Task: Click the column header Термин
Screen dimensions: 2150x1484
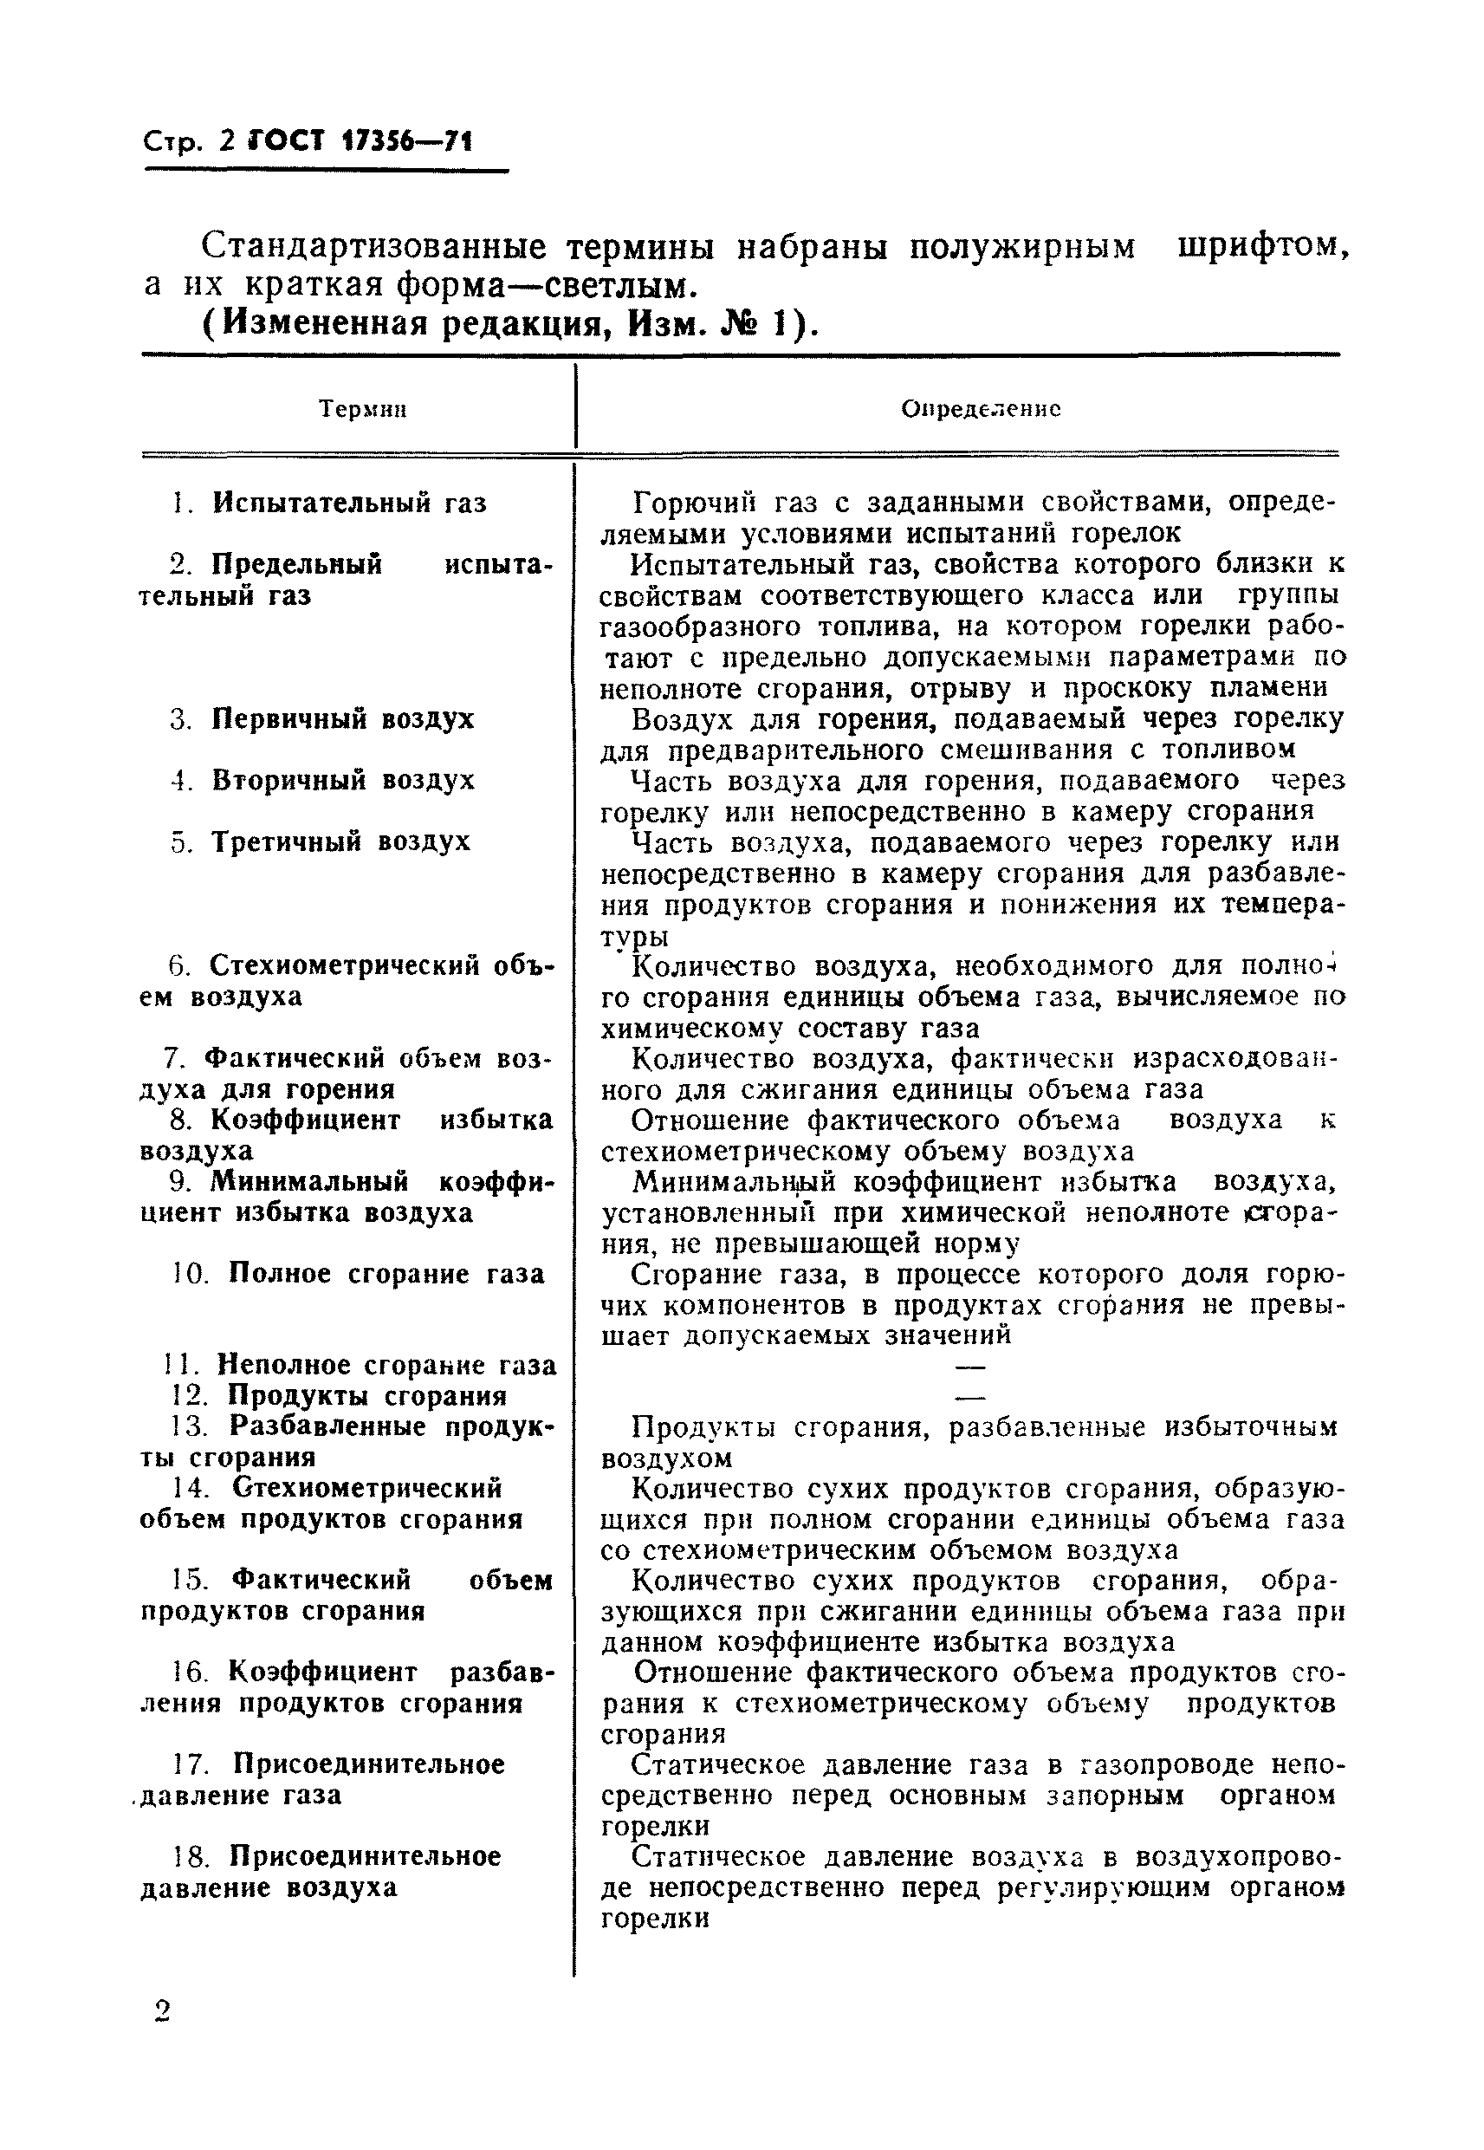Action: pyautogui.click(x=363, y=409)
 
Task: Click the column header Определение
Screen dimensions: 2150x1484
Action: pyautogui.click(x=981, y=409)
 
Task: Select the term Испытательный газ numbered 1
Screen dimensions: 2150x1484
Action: pyautogui.click(x=348, y=503)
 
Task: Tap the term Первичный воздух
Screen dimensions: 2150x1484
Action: pyautogui.click(x=342, y=719)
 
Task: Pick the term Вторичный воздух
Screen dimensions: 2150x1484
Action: pyautogui.click(x=342, y=780)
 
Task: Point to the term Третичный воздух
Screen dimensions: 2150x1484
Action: pyautogui.click(x=340, y=841)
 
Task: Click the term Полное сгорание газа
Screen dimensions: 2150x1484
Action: pyautogui.click(x=386, y=1273)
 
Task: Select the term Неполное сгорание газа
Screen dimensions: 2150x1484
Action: pyautogui.click(x=386, y=1365)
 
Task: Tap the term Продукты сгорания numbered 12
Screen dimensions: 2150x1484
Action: pyautogui.click(x=367, y=1396)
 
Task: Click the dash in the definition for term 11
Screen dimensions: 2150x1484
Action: pyautogui.click(x=969, y=1366)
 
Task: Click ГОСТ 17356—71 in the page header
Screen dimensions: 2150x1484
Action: pyautogui.click(x=360, y=141)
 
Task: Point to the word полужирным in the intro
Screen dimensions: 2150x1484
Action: pyautogui.click(x=1021, y=246)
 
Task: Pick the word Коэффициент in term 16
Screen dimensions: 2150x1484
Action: pyautogui.click(x=322, y=1672)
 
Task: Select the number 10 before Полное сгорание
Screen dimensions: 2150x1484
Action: pyautogui.click(x=191, y=1273)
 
